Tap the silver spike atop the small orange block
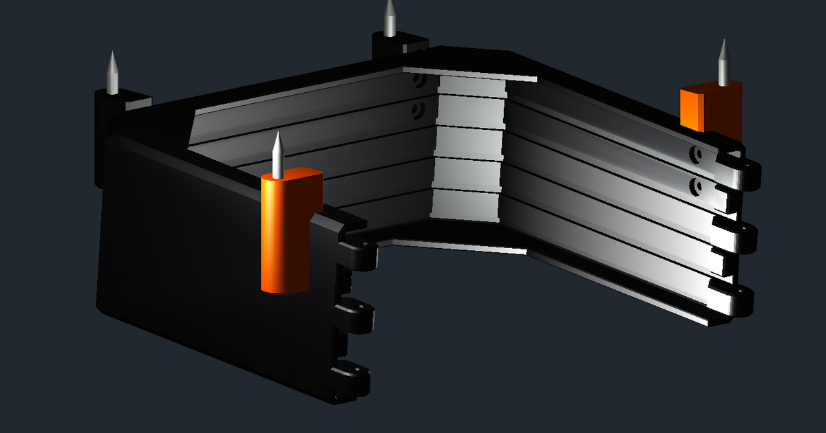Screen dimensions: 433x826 pos(723,64)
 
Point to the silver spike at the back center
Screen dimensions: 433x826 pos(390,19)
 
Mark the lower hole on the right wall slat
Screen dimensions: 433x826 pos(697,186)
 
